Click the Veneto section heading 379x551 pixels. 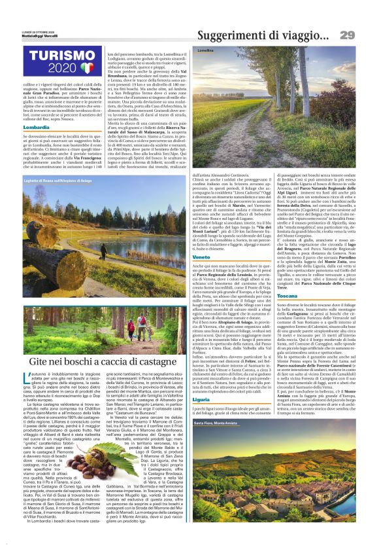pyautogui.click(x=202, y=240)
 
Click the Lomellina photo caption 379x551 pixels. pyautogui.click(x=206, y=50)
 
